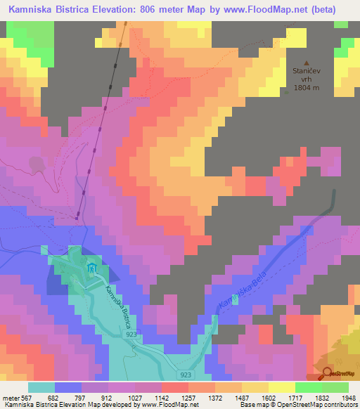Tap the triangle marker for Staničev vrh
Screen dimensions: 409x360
click(x=306, y=62)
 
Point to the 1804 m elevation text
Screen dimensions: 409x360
click(x=307, y=88)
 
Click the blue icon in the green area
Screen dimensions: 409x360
click(x=91, y=268)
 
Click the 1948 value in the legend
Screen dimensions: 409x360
click(x=340, y=398)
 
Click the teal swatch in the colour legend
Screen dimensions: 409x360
click(x=41, y=387)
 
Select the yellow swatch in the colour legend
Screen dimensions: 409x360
click(x=281, y=387)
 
